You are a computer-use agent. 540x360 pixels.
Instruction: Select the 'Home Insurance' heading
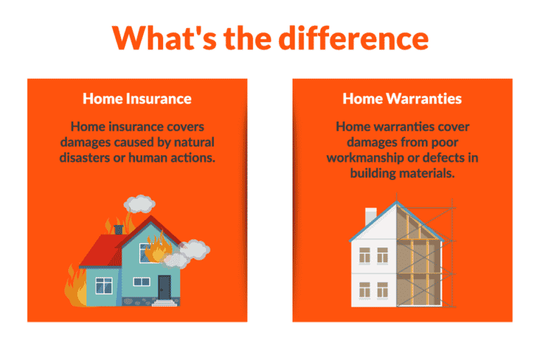click(137, 98)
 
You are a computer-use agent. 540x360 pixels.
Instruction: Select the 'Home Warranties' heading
click(402, 98)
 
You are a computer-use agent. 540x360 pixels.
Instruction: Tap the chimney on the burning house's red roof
click(119, 229)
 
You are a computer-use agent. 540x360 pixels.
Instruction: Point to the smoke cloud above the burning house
click(143, 203)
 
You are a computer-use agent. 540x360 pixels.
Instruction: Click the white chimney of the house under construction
click(371, 216)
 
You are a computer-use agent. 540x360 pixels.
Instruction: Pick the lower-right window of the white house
click(383, 289)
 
